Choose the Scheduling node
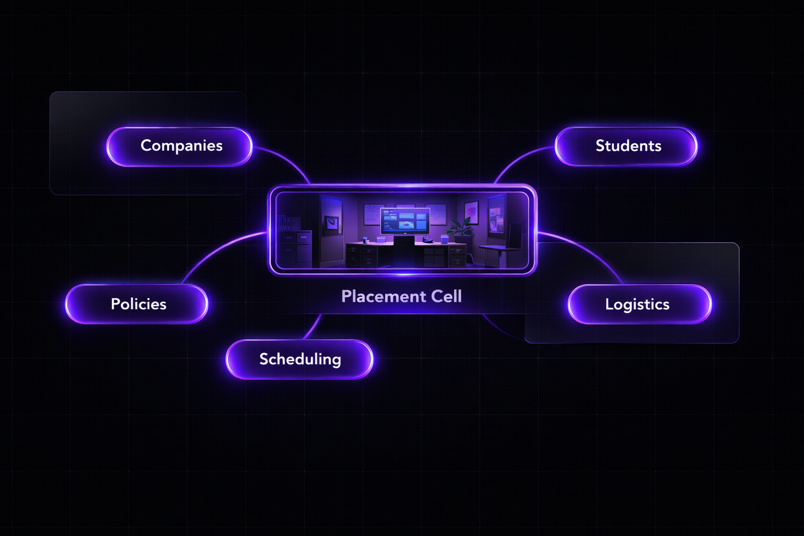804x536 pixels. pyautogui.click(x=299, y=359)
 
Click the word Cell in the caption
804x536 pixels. pyautogui.click(x=446, y=297)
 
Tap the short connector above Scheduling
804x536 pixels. pyautogui.click(x=313, y=327)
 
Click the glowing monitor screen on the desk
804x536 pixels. pyautogui.click(x=405, y=220)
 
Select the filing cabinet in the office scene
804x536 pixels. pyautogui.click(x=295, y=247)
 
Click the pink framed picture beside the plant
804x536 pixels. pyautogui.click(x=472, y=213)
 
